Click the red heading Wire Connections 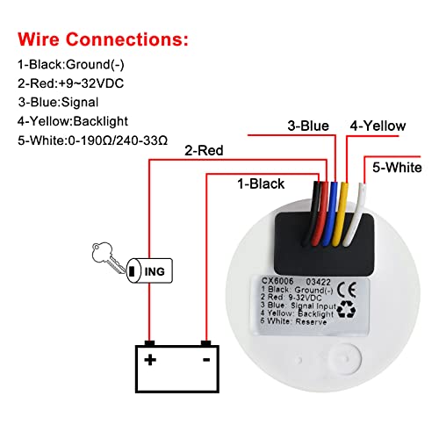[x=103, y=40]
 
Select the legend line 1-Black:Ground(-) [x=71, y=64]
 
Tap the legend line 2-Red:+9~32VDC [x=70, y=83]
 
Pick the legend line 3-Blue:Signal [x=58, y=102]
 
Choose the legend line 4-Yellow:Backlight [x=73, y=121]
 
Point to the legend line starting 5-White [x=92, y=140]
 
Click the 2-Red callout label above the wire [x=204, y=150]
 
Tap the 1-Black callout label [x=261, y=184]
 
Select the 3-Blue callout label [x=308, y=126]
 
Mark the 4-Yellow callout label [x=378, y=126]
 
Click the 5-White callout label [x=397, y=168]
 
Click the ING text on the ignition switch [x=155, y=271]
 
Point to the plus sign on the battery [x=150, y=360]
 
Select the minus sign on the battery [x=206, y=360]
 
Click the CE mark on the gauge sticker [x=347, y=290]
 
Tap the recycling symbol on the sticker [x=346, y=310]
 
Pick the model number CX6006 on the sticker [x=277, y=281]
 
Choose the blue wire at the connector [x=329, y=213]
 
